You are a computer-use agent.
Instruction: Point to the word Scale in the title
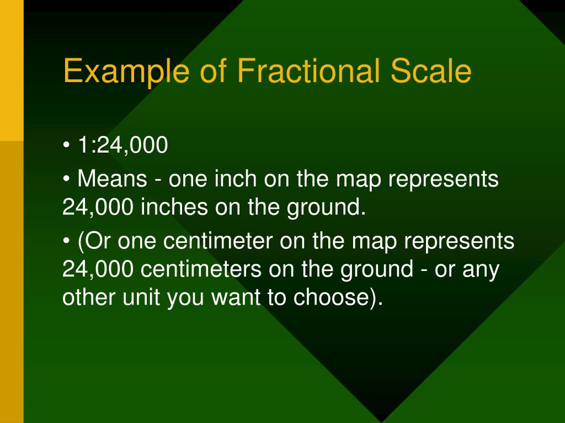[x=431, y=72]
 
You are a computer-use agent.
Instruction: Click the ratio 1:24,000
[x=122, y=146]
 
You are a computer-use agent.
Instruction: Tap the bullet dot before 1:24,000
[x=67, y=147]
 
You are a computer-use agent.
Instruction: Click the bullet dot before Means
[x=67, y=180]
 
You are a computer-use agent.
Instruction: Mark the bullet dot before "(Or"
[x=67, y=242]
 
